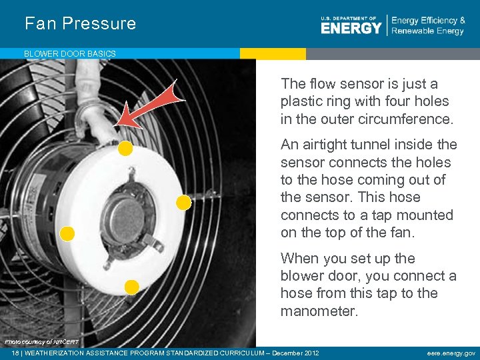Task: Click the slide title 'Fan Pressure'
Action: click(80, 23)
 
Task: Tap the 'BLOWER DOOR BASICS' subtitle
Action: click(70, 53)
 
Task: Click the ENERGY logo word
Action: click(351, 27)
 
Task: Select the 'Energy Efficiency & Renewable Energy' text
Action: click(428, 25)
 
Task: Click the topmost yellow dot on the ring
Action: click(125, 149)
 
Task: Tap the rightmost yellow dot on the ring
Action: click(183, 202)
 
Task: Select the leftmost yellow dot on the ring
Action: click(67, 233)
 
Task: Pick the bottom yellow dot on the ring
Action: click(132, 287)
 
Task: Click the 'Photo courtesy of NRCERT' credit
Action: click(41, 342)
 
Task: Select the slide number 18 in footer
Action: click(7, 353)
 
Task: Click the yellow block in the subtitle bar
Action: click(273, 53)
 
